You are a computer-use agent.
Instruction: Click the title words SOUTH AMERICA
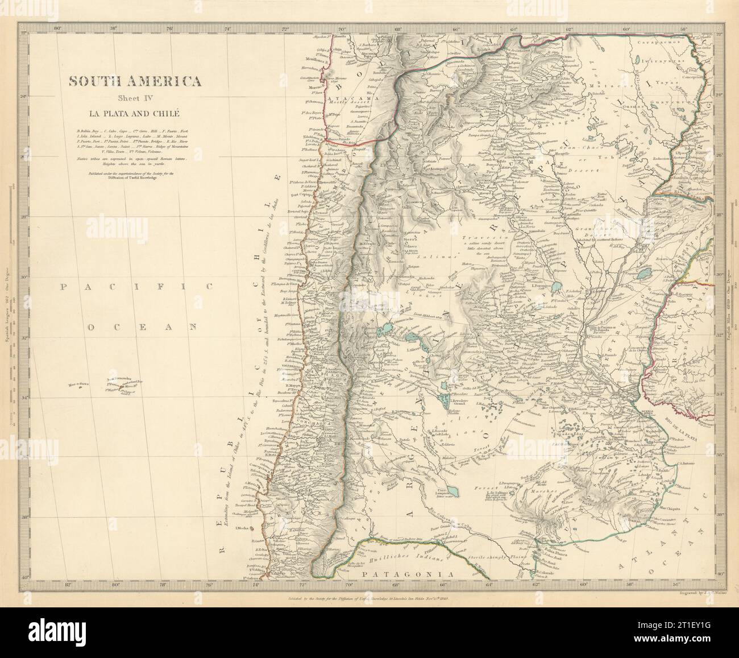pyautogui.click(x=135, y=81)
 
